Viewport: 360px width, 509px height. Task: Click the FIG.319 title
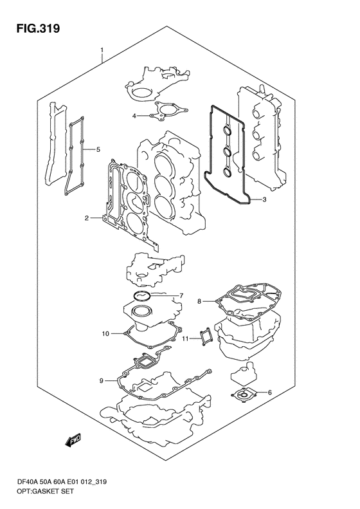click(x=39, y=28)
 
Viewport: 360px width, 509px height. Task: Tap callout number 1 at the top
click(x=102, y=50)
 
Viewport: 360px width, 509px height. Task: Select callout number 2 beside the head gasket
click(x=87, y=217)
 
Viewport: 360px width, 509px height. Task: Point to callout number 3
click(x=264, y=199)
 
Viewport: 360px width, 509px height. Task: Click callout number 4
click(x=134, y=116)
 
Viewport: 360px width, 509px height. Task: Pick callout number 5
click(x=98, y=150)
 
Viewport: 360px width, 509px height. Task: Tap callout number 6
click(x=269, y=393)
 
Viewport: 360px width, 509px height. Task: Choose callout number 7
click(x=181, y=296)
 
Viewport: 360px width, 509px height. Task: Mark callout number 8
click(x=199, y=302)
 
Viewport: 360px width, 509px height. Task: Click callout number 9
click(x=101, y=381)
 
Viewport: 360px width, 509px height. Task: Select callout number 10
click(x=105, y=333)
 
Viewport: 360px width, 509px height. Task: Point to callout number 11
click(x=185, y=339)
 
